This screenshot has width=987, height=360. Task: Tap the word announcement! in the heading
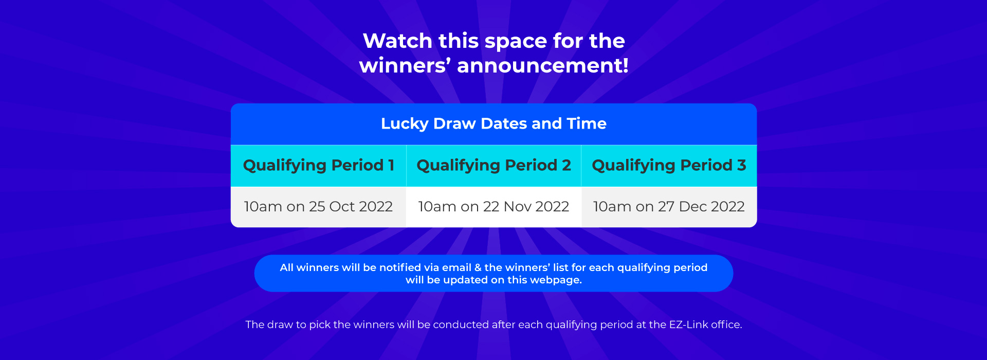coord(543,65)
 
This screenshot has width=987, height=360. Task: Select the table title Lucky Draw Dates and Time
coord(493,124)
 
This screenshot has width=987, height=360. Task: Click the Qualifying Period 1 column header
coord(319,166)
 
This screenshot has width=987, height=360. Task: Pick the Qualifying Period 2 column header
coord(493,166)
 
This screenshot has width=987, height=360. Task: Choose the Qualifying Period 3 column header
coord(669,166)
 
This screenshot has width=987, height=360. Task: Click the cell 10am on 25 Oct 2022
coord(318,207)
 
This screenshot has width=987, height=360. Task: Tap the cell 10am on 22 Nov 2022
coord(493,207)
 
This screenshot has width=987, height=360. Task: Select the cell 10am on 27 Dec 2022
coord(669,207)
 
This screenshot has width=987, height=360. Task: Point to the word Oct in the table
coord(342,207)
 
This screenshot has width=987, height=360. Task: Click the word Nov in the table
coord(518,207)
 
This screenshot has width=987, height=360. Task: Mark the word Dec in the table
coord(693,207)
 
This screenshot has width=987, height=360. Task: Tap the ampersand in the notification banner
coord(478,267)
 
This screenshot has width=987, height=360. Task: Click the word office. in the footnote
coord(726,325)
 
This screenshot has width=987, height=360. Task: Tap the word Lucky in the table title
coord(405,124)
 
